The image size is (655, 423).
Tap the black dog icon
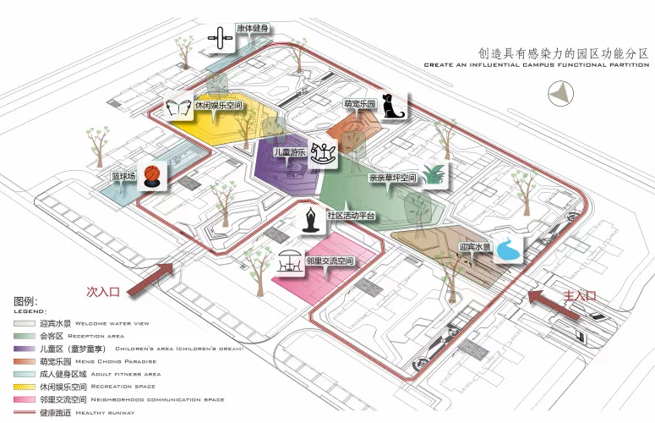393,107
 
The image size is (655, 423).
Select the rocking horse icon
322,152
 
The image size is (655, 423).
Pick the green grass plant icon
435,175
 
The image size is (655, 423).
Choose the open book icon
179,107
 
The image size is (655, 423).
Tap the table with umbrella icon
289,261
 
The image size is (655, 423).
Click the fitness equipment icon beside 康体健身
221,37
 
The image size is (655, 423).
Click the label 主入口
580,296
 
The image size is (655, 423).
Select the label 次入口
104,291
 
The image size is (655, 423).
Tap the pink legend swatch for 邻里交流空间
24,398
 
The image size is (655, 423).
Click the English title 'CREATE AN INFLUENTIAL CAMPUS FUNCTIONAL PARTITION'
536,64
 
